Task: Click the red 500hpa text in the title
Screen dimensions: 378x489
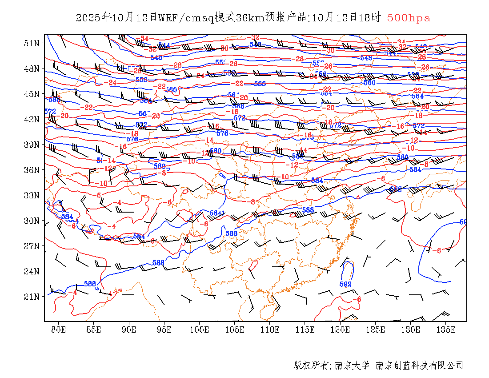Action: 409,18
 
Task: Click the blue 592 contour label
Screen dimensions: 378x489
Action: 345,284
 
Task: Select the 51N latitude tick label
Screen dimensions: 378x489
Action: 32,43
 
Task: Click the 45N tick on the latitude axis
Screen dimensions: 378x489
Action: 32,94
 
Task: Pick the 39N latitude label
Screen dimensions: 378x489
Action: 32,145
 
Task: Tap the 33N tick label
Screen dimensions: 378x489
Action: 32,195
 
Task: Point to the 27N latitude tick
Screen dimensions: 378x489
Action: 32,246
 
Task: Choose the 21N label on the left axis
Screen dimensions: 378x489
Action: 32,297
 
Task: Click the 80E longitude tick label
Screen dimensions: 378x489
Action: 58,330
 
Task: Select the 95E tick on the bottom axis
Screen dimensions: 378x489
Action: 164,330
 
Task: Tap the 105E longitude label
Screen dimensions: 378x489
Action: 235,330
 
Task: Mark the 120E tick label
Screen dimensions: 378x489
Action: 341,330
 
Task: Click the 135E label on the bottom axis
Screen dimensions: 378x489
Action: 446,330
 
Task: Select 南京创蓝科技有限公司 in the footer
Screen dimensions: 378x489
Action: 419,366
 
